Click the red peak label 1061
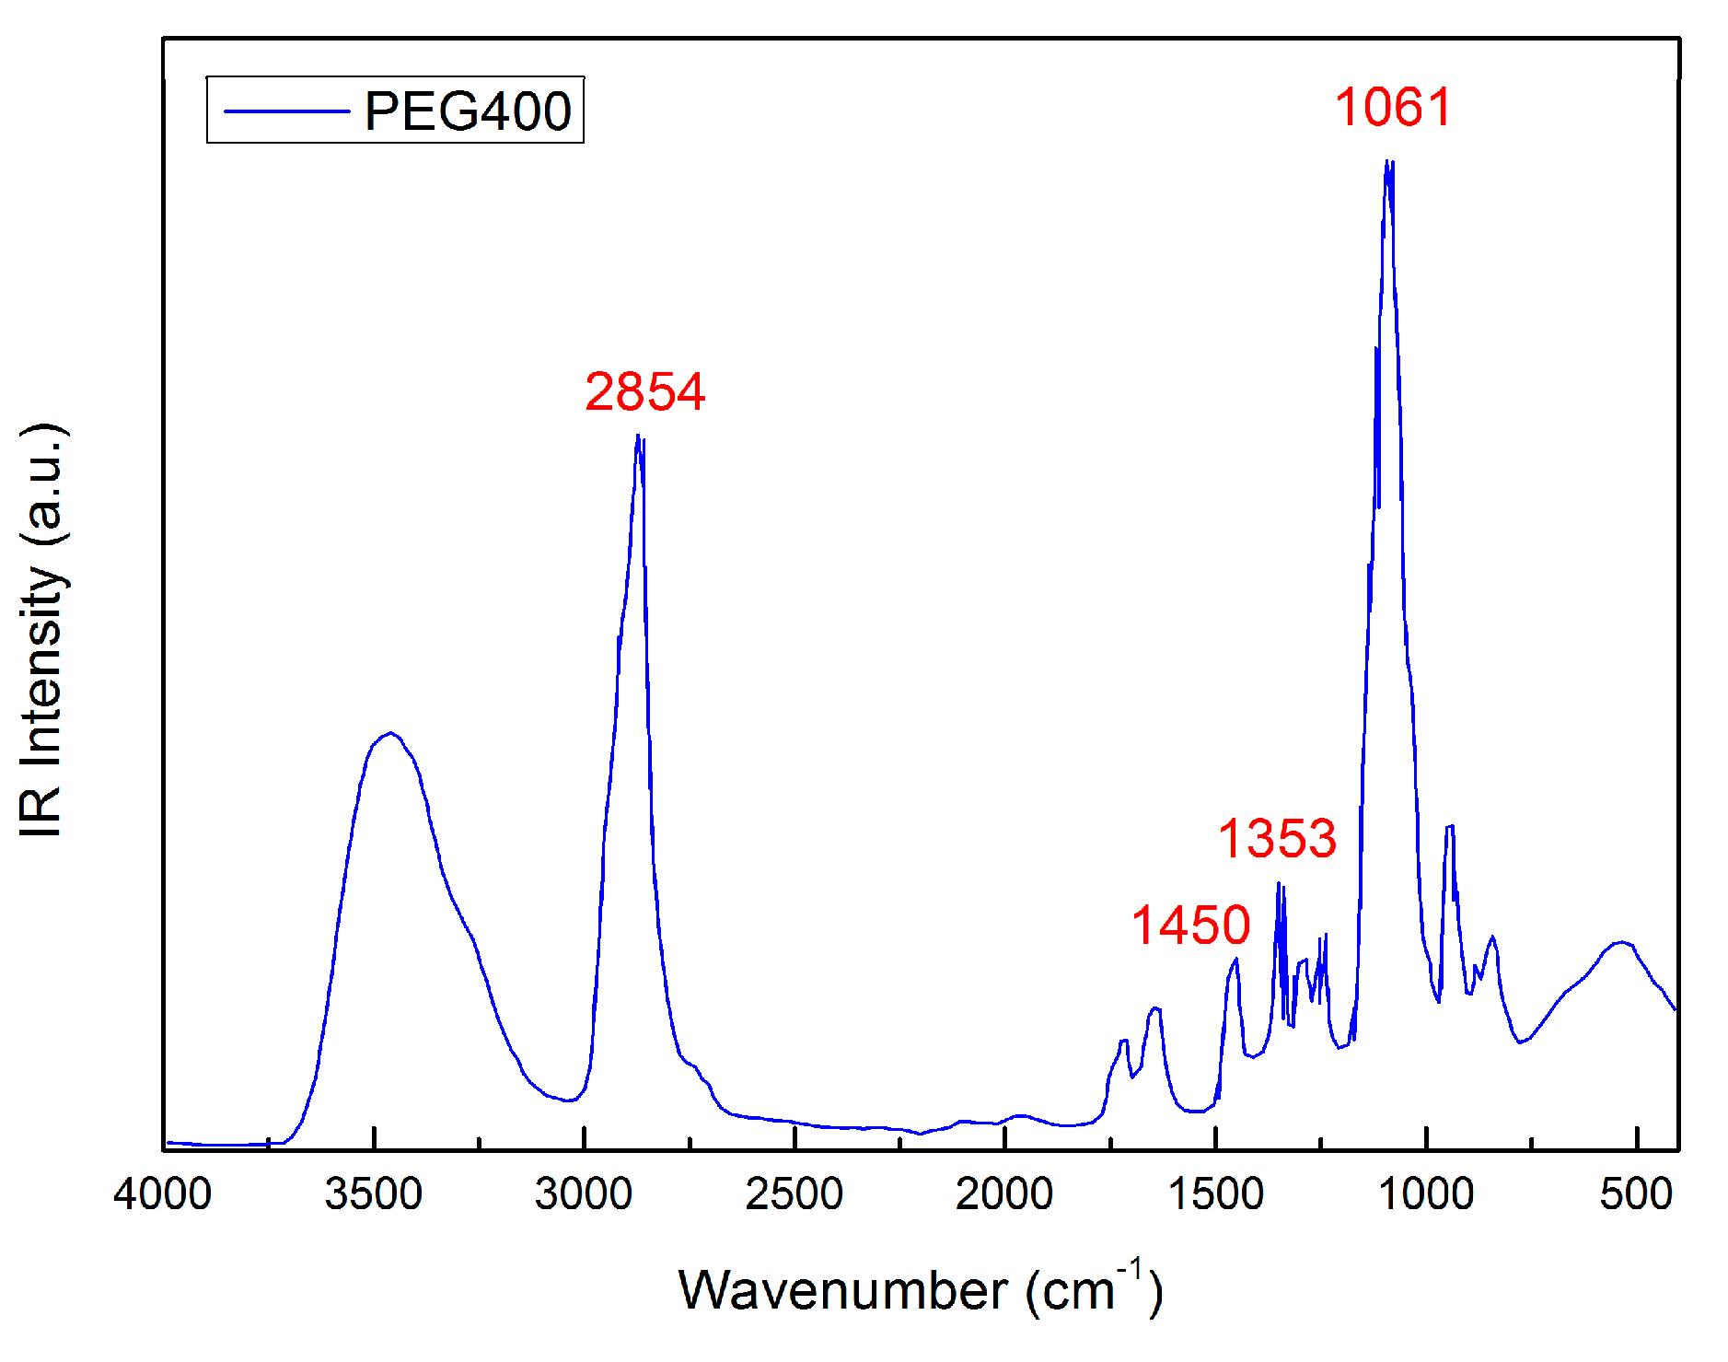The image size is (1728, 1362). click(x=1393, y=108)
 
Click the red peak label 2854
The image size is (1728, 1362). click(x=644, y=391)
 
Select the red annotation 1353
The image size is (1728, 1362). click(x=1277, y=838)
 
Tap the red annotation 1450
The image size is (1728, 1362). click(x=1190, y=925)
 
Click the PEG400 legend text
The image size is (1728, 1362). click(x=468, y=111)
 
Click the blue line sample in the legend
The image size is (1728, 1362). click(x=287, y=111)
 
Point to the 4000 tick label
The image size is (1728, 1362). click(x=163, y=1194)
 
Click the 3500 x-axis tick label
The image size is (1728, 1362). click(x=374, y=1194)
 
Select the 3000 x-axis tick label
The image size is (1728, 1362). click(x=584, y=1194)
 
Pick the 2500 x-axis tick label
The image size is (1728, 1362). click(x=794, y=1194)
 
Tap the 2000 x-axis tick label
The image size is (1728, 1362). click(x=1004, y=1194)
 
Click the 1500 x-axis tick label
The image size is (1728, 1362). click(x=1215, y=1194)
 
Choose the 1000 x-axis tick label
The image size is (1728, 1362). click(x=1426, y=1194)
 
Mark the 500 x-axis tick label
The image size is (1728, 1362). click(x=1636, y=1194)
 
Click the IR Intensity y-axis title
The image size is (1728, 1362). click(x=41, y=631)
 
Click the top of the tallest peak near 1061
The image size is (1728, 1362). click(x=1386, y=161)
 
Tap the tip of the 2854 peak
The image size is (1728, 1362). click(x=637, y=435)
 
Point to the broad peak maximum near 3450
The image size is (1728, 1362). click(x=391, y=733)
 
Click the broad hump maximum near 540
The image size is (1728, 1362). click(x=1621, y=942)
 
